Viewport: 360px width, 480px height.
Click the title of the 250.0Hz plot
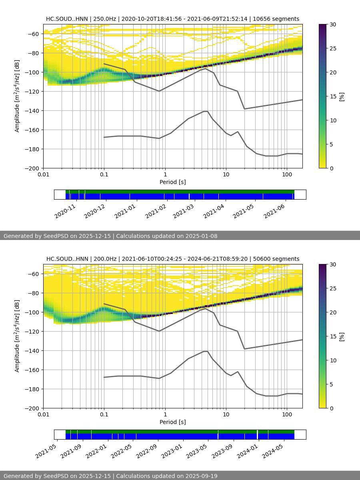tap(172, 19)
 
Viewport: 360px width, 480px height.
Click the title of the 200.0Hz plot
tap(172, 259)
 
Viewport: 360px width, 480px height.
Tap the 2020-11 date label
tap(65, 211)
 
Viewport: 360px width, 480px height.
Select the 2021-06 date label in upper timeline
tap(274, 211)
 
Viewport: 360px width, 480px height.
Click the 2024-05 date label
tap(273, 451)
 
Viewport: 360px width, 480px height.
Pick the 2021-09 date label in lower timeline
tap(71, 451)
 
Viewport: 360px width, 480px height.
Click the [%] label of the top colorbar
tap(342, 96)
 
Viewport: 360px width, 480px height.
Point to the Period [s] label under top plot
tap(172, 182)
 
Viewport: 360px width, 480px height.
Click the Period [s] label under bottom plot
tap(172, 422)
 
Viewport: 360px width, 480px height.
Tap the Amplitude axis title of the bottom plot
tap(17, 336)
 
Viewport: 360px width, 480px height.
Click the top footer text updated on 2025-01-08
tap(110, 236)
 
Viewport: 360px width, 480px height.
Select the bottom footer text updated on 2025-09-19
tap(110, 476)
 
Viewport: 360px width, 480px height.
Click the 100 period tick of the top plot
tap(287, 174)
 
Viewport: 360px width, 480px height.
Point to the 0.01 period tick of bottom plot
tap(43, 414)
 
